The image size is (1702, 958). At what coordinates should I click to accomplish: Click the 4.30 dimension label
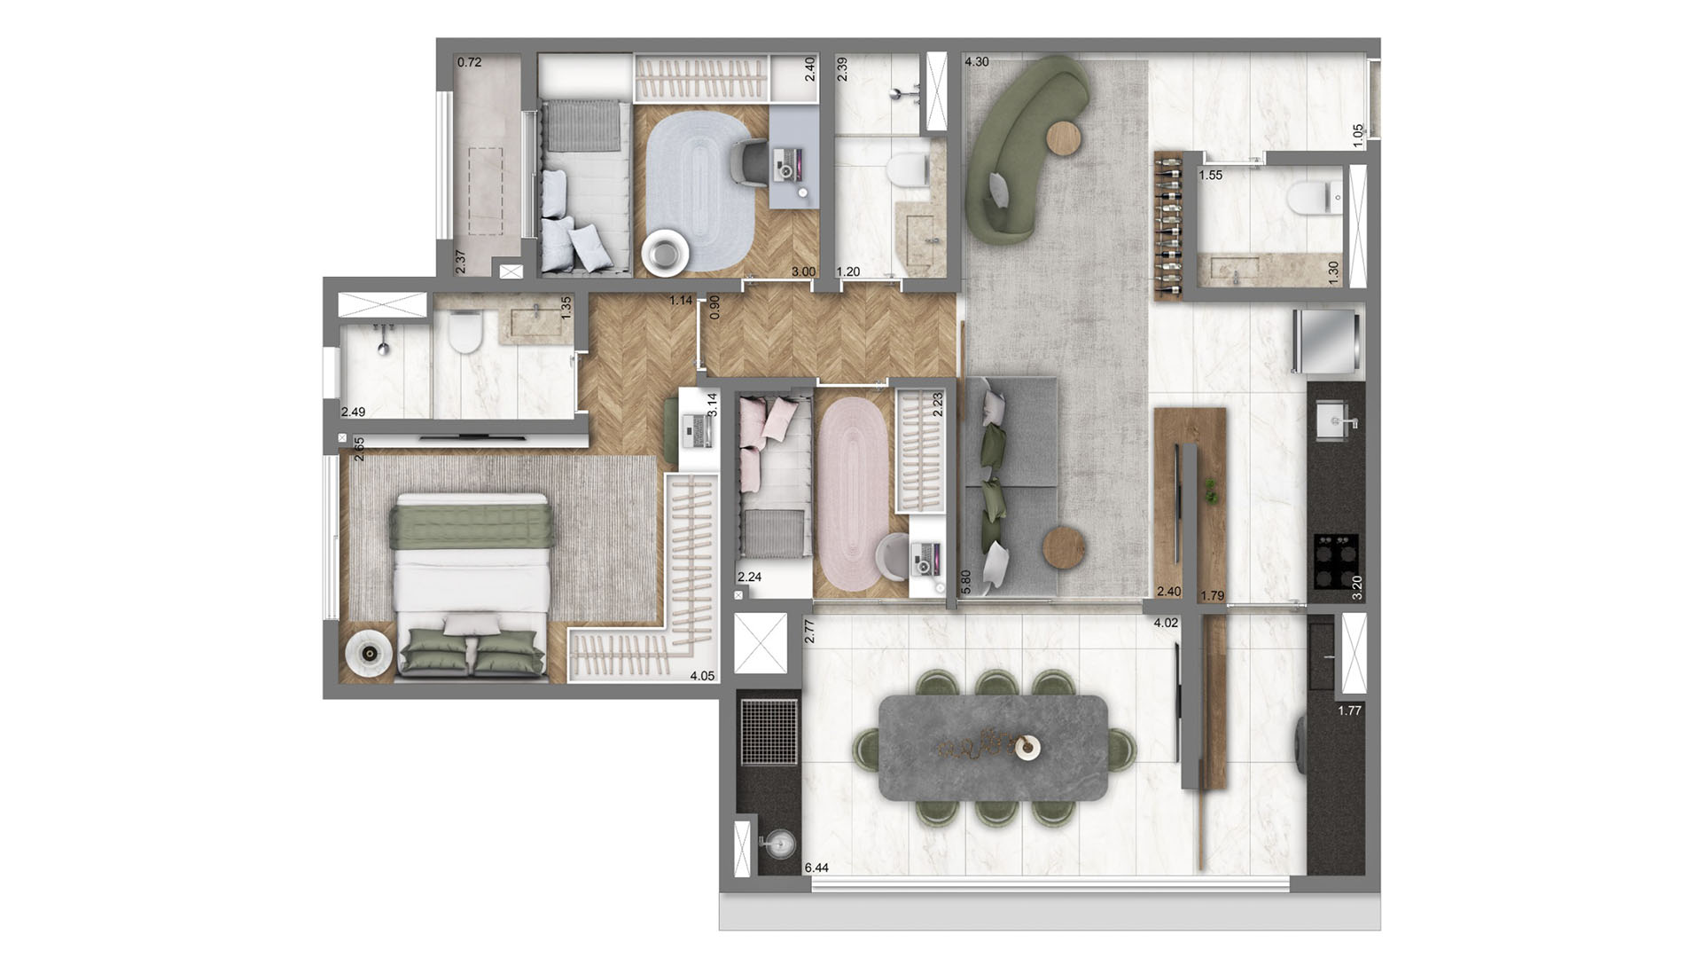[976, 62]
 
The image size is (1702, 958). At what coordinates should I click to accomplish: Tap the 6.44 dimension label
[816, 868]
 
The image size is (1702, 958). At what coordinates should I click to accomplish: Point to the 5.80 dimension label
[965, 581]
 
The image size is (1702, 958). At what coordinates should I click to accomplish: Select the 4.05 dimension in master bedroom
[702, 676]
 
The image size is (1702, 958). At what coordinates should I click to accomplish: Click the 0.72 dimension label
[469, 62]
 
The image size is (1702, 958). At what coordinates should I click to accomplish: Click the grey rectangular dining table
[994, 747]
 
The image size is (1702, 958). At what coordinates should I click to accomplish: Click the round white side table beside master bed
[367, 655]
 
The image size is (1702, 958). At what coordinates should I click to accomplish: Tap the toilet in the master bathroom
[465, 333]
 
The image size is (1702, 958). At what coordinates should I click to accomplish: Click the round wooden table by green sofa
[1065, 139]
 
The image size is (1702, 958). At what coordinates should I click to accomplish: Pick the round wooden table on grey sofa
[1064, 548]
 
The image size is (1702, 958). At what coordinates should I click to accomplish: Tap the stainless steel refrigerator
[1327, 342]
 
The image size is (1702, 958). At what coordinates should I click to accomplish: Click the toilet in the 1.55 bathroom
[1311, 198]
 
